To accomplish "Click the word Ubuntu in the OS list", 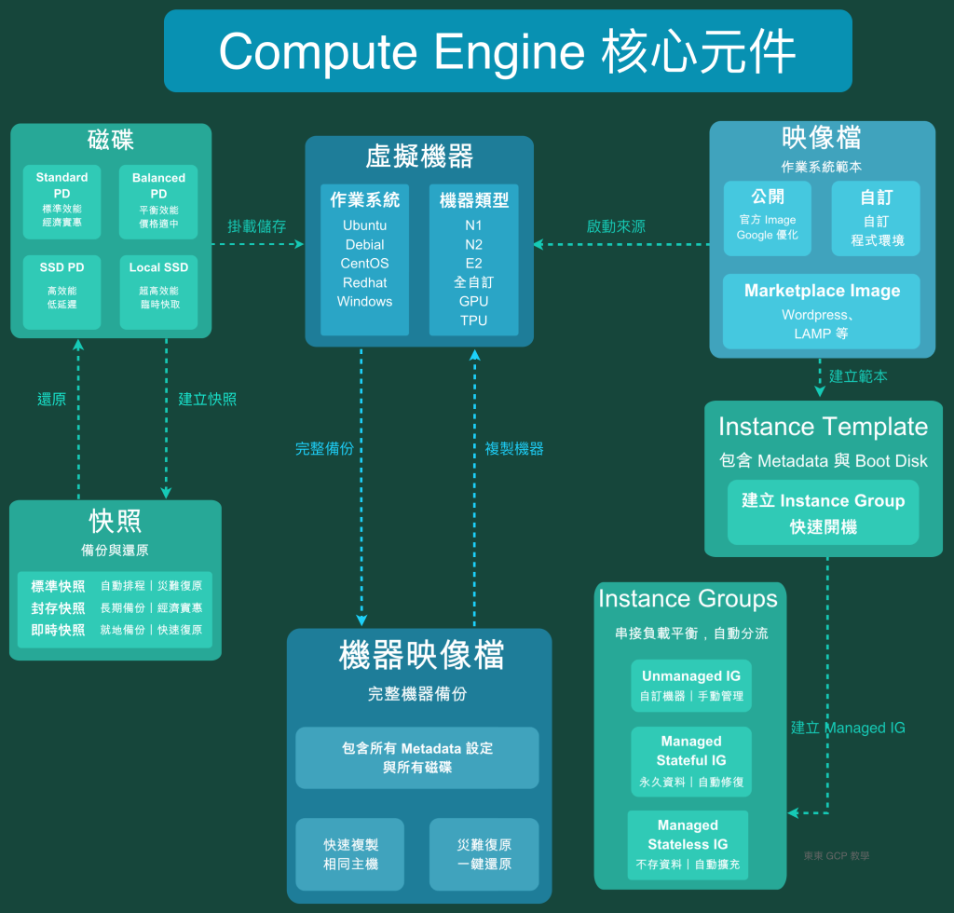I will click(364, 225).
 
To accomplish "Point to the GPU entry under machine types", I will click(473, 301).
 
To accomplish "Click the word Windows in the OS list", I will click(364, 301).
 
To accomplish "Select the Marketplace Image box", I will click(822, 311).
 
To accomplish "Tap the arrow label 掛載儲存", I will click(257, 226).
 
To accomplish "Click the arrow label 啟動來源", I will click(616, 226).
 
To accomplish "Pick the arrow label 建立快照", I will click(208, 400).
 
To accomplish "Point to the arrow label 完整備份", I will click(324, 449).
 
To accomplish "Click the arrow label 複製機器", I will click(514, 449).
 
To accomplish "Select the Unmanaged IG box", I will click(691, 686).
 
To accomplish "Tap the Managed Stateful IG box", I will click(691, 761).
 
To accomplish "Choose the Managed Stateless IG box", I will click(688, 844).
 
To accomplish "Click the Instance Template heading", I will click(823, 428).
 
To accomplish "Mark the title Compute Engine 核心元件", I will click(508, 51).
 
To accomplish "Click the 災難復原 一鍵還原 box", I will click(484, 853).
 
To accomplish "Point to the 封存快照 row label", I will click(58, 608).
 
